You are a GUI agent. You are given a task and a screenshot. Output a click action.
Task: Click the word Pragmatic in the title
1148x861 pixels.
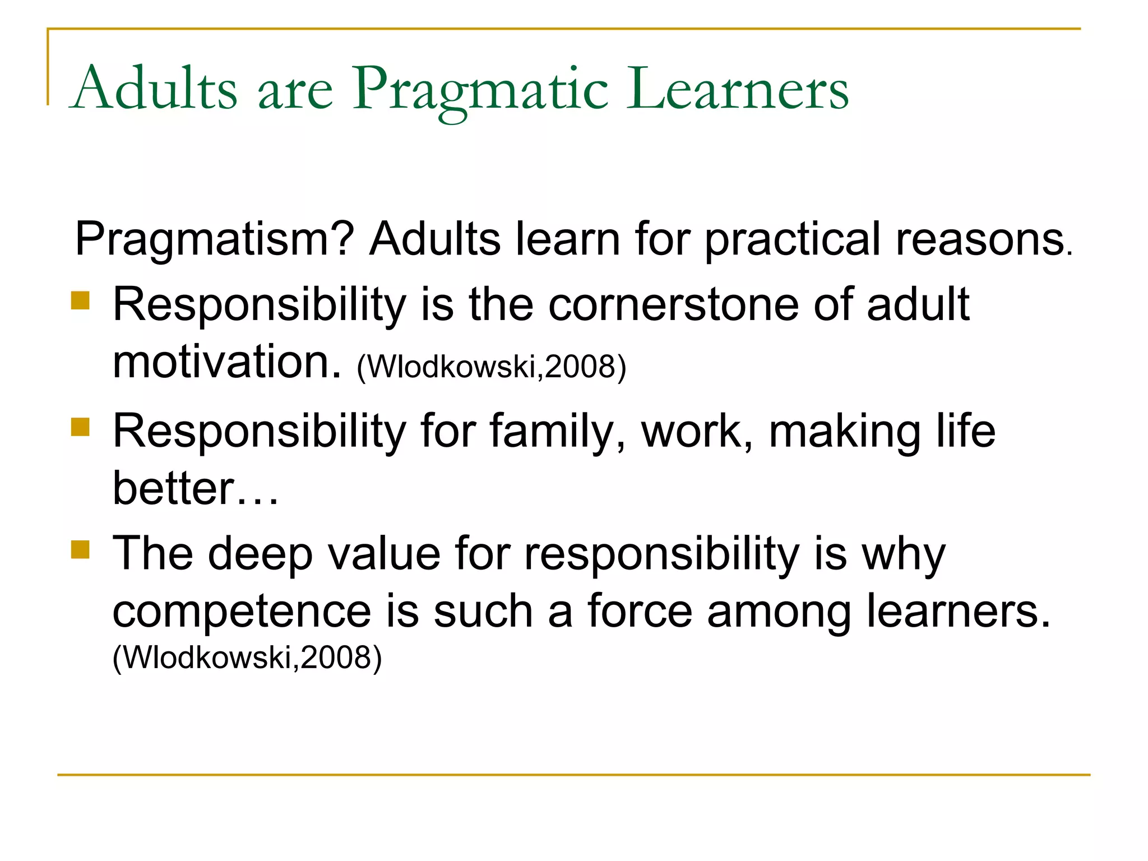pos(480,90)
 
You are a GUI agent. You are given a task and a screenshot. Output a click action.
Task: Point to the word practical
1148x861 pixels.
pos(793,240)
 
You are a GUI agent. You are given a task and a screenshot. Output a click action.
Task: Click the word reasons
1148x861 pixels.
pos(981,240)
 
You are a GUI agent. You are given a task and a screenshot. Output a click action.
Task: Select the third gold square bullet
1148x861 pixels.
pos(80,550)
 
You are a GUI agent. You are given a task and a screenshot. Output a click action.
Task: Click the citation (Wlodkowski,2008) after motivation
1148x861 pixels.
pos(491,367)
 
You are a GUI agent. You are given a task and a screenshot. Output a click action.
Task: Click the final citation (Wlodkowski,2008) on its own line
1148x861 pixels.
pos(247,658)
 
